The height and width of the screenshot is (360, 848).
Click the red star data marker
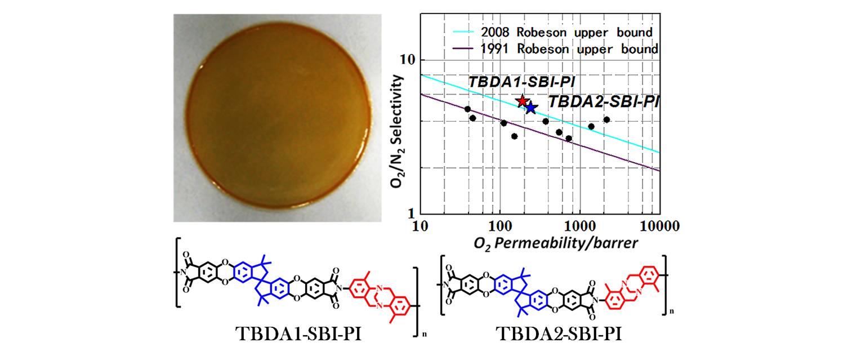point(523,101)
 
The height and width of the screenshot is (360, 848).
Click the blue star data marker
point(531,108)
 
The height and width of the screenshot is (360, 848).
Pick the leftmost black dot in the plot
point(467,109)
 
